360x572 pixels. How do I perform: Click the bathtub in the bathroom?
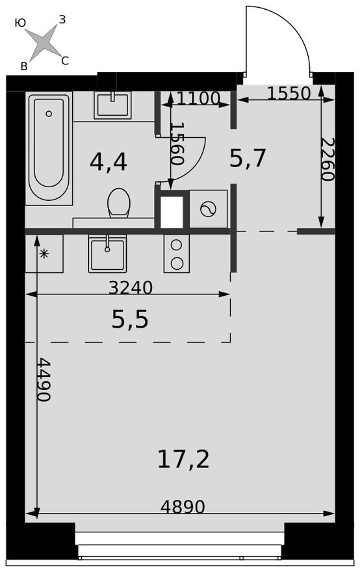(49, 148)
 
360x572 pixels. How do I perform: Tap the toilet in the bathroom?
(119, 203)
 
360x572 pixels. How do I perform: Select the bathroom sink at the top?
(112, 105)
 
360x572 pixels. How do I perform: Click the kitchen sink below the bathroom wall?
(107, 253)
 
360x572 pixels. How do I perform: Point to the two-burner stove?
(175, 253)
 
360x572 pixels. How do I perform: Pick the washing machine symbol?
(209, 209)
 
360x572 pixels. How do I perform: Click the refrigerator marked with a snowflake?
(44, 253)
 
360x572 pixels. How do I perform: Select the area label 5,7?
(248, 157)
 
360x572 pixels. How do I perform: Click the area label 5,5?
(130, 319)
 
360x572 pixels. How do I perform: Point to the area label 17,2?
(183, 459)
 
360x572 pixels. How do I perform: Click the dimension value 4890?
(183, 506)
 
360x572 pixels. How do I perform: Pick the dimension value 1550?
(289, 93)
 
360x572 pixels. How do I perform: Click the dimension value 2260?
(329, 159)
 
